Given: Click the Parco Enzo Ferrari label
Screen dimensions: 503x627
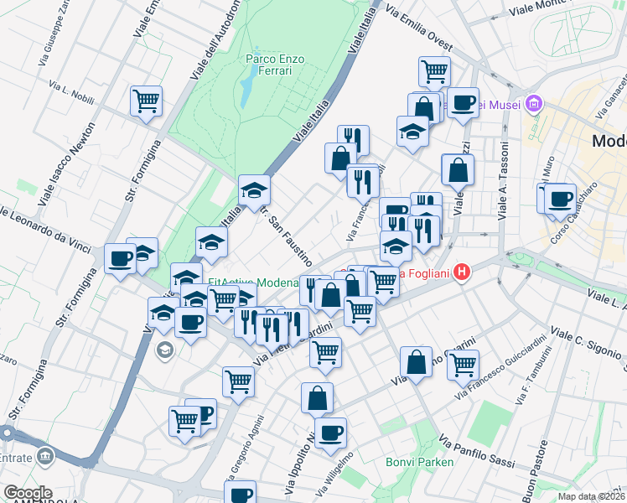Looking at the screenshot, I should pyautogui.click(x=274, y=65).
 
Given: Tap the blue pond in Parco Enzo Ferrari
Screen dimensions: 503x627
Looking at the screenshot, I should pyautogui.click(x=246, y=88).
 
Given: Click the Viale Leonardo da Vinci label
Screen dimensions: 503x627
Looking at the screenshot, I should pyautogui.click(x=52, y=226).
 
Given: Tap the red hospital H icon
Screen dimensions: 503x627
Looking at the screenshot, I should pyautogui.click(x=460, y=272).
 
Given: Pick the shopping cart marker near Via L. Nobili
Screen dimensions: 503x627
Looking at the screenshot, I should pyautogui.click(x=147, y=101).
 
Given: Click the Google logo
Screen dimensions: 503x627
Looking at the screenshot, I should pyautogui.click(x=27, y=493).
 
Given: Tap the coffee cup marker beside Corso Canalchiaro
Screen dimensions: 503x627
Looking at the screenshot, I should pyautogui.click(x=560, y=200).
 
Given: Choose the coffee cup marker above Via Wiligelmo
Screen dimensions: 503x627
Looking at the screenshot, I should pyautogui.click(x=331, y=433).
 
